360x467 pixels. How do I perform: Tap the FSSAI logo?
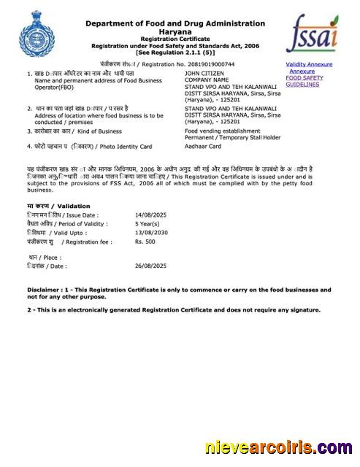tap(312, 35)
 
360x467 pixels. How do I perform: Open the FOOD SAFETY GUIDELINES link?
tap(305, 81)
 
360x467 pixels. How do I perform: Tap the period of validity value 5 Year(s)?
tap(149, 224)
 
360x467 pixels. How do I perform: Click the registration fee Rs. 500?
tap(145, 241)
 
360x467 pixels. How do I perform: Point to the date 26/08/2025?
tap(151, 266)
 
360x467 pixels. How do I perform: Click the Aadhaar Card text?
tap(204, 147)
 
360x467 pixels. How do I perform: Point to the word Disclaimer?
tap(44, 290)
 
